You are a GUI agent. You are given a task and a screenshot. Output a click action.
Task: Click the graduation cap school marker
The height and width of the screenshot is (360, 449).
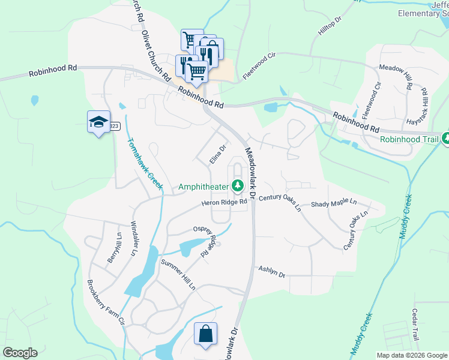(97, 122)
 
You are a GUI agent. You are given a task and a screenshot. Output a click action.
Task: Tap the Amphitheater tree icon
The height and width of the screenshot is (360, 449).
(238, 187)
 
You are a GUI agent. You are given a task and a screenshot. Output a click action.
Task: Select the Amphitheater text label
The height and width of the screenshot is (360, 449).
(204, 187)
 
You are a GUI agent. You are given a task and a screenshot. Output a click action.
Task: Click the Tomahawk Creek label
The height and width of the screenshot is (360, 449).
(145, 164)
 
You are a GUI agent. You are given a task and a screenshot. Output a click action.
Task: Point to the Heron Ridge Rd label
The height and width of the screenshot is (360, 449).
(224, 203)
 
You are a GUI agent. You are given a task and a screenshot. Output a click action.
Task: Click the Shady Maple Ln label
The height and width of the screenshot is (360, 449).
(333, 205)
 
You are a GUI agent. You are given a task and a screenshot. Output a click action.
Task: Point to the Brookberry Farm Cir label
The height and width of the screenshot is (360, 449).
(106, 303)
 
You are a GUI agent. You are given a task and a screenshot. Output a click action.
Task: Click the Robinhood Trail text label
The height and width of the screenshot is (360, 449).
(408, 139)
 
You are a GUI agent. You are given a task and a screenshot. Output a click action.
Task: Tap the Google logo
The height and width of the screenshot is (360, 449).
(20, 353)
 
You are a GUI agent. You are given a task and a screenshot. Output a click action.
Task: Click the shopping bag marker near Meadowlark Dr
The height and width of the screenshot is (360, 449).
(205, 334)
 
